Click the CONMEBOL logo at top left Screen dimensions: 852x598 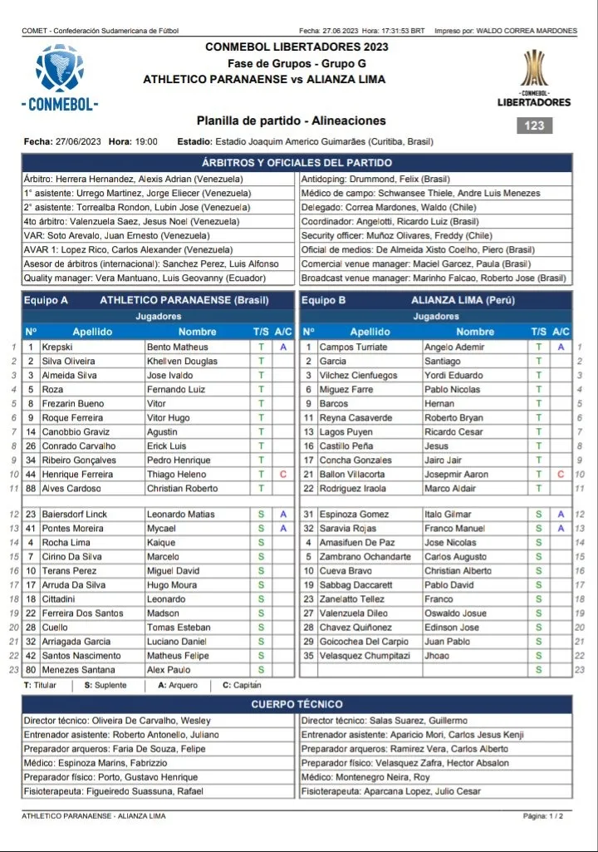pos(60,78)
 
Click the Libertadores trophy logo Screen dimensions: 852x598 pos(534,79)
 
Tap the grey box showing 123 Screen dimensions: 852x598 pos(534,126)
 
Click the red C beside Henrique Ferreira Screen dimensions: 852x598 pos(283,474)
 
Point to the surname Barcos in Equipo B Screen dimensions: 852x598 pos(333,403)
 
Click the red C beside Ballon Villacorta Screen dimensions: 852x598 pos(561,474)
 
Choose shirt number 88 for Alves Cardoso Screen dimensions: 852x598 pos(31,488)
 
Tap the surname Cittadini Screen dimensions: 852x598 pos(60,598)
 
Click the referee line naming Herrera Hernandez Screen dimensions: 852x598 pos(133,179)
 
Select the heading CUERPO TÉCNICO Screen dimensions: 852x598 pos(297,704)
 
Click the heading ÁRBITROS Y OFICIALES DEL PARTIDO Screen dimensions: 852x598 pos(297,163)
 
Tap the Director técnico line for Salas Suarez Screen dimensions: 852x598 pos(384,721)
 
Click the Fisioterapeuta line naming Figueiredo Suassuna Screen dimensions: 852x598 pos(114,791)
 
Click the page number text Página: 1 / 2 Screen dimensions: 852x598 pos(543,815)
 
